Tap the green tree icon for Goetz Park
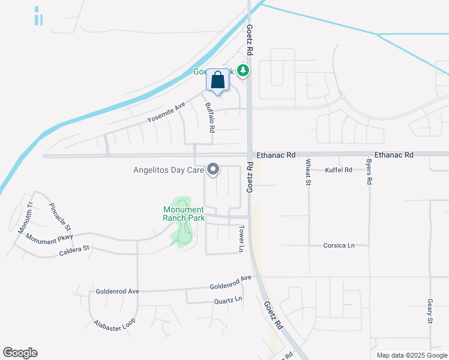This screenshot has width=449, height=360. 243,71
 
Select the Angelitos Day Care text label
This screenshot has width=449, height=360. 169,170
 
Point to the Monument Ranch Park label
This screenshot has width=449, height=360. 184,214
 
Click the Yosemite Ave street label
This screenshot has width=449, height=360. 166,113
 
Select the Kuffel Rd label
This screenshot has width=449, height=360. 338,170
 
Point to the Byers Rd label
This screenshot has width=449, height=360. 369,172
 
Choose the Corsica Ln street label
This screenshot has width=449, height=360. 339,245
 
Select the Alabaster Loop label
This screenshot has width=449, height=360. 115,325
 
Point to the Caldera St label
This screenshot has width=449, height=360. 74,248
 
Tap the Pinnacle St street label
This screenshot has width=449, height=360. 61,217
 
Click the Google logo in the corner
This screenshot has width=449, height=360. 20,353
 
